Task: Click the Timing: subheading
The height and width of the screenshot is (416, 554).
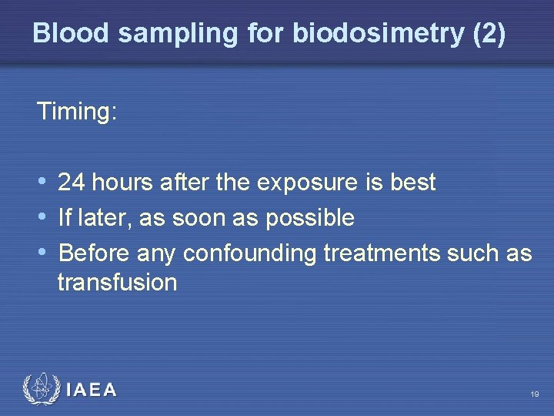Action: click(76, 112)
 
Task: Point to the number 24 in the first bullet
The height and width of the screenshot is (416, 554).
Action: click(71, 183)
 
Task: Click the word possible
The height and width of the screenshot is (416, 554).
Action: click(309, 218)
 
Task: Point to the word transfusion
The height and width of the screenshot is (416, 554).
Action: click(117, 283)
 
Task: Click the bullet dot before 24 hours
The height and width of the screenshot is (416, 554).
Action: click(42, 183)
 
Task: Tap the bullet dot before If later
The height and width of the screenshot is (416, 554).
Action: click(42, 218)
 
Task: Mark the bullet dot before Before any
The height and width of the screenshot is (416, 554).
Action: click(42, 253)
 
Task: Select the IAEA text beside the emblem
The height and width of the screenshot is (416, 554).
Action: click(92, 391)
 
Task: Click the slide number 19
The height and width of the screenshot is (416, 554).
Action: click(534, 394)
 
